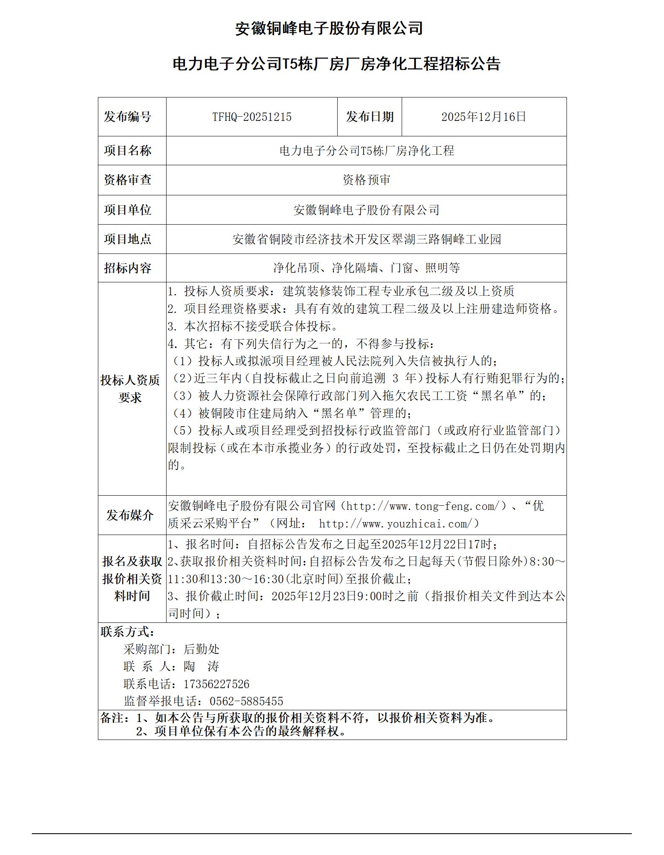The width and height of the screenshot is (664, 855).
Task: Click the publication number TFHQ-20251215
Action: [251, 117]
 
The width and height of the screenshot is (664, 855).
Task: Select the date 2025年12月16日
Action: [483, 117]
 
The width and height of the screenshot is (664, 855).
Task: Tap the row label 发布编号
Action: [128, 117]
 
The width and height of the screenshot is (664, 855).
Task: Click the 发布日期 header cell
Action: [369, 117]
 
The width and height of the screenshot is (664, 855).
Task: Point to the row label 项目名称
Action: [128, 151]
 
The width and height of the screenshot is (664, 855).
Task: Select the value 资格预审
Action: [366, 180]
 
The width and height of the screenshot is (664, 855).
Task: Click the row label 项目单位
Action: [128, 210]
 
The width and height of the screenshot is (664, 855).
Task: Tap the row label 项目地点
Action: [128, 239]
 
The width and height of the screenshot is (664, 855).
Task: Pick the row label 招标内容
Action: [128, 268]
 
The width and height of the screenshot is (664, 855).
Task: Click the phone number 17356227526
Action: [216, 684]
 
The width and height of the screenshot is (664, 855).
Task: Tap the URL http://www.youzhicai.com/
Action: [399, 524]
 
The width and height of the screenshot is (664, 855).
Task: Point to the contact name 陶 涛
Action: [201, 666]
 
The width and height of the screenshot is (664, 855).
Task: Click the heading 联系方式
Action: [128, 632]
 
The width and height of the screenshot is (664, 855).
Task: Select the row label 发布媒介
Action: [130, 515]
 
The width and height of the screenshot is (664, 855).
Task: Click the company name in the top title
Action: [329, 28]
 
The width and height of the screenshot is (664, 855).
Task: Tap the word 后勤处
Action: [201, 649]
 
